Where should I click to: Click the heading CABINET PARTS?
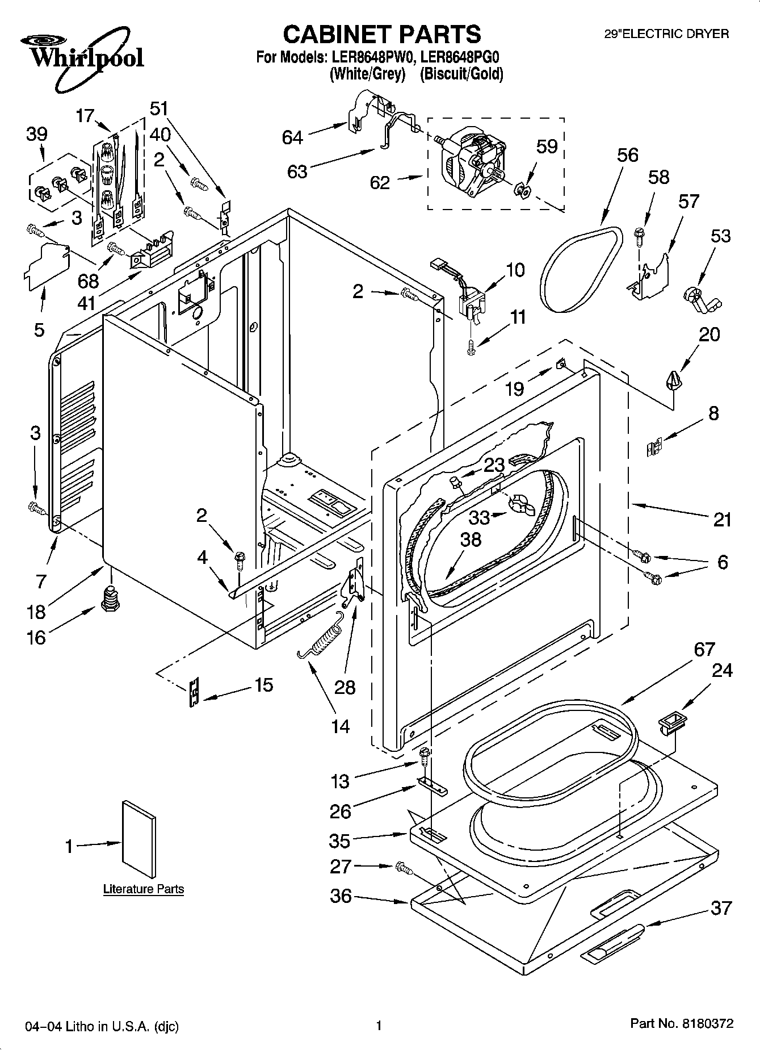click(381, 35)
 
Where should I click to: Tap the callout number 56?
click(628, 155)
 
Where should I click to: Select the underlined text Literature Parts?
click(144, 889)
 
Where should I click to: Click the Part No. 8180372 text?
click(682, 1024)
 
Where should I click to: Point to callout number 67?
click(704, 649)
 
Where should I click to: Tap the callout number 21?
click(721, 519)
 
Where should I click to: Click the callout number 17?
click(86, 116)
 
